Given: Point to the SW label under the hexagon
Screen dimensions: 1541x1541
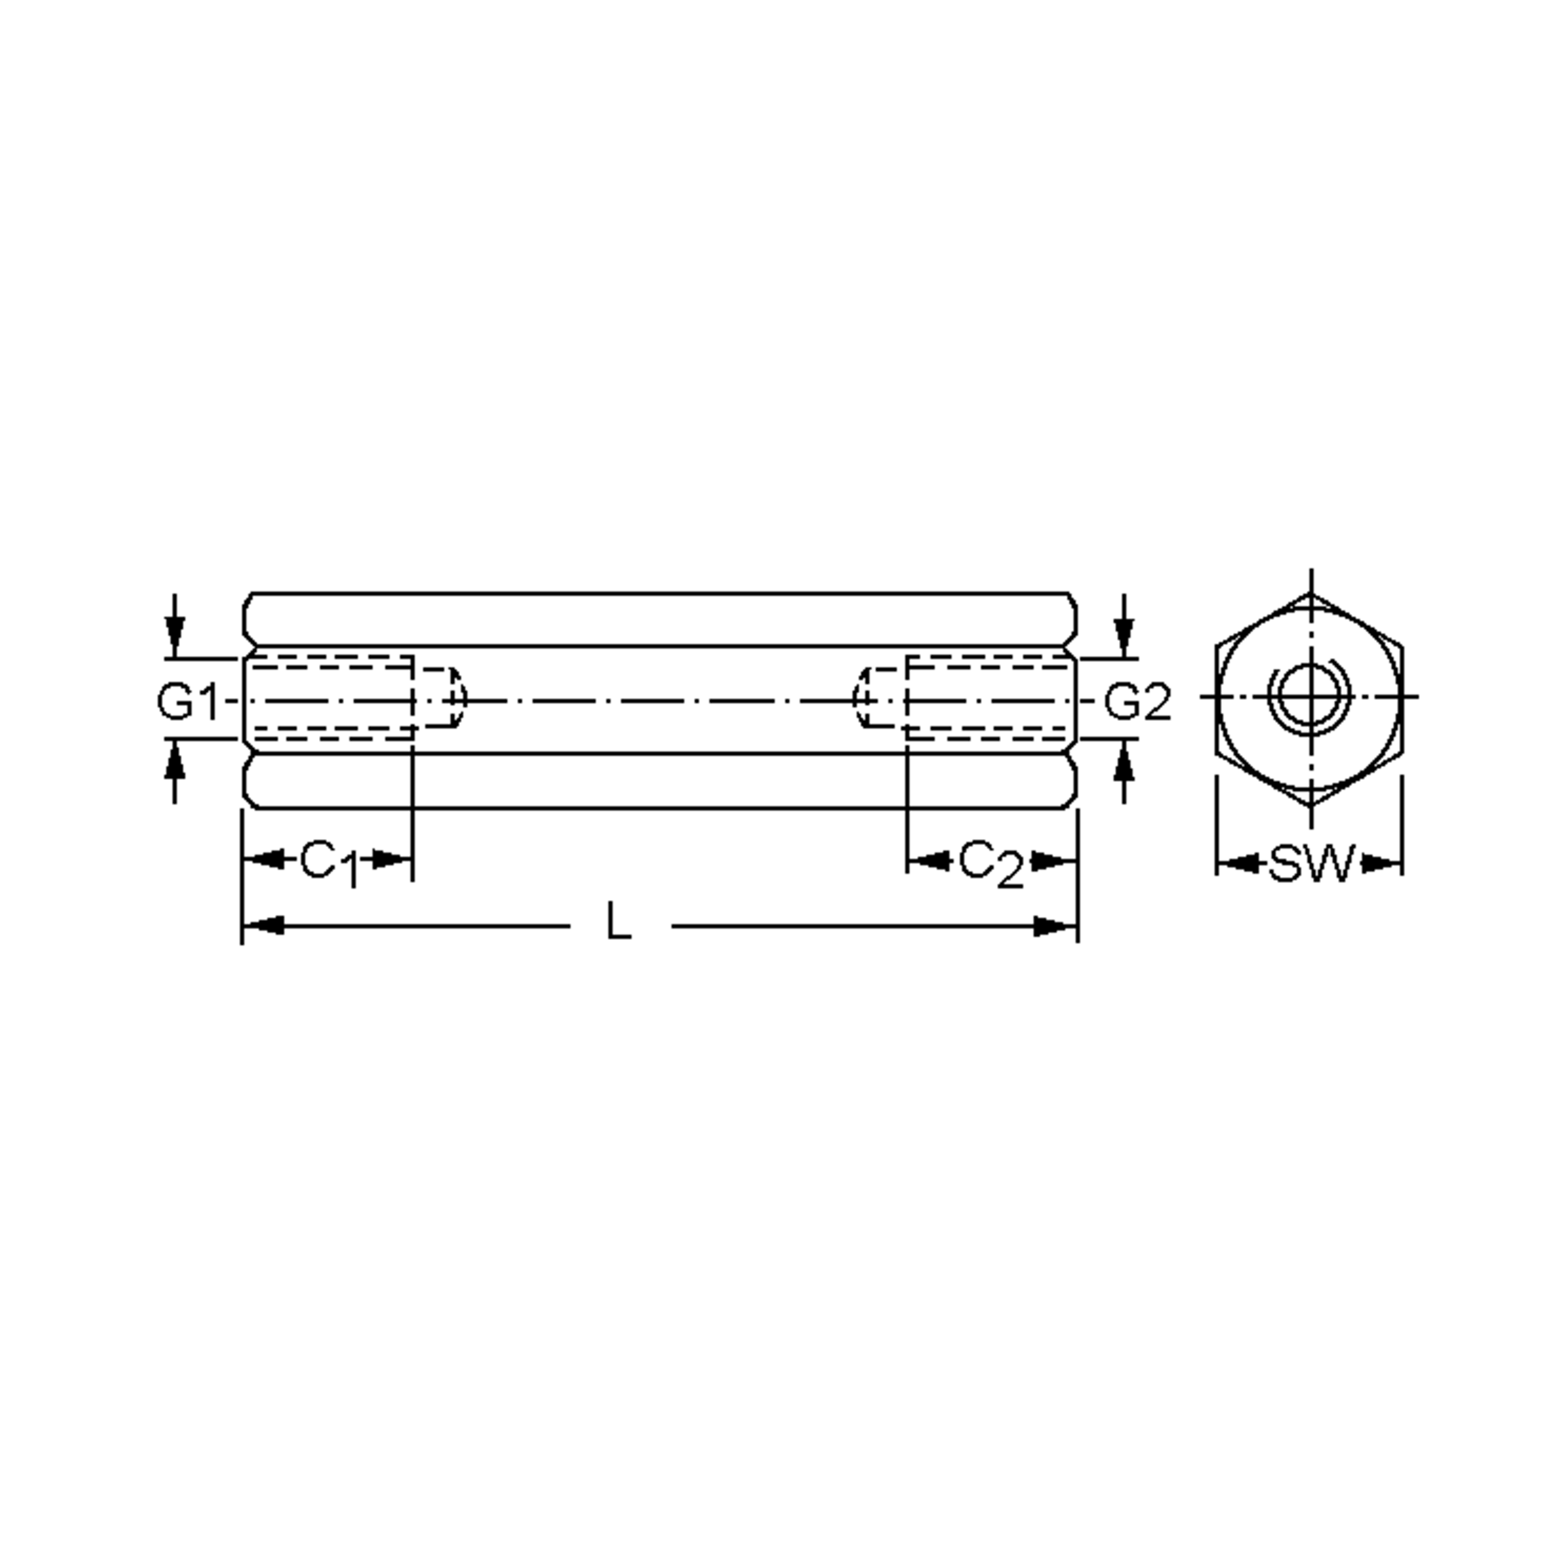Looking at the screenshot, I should coord(1312,864).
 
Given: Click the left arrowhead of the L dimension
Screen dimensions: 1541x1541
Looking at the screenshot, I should coord(263,926).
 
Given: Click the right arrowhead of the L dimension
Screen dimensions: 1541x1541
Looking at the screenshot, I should coord(1056,926).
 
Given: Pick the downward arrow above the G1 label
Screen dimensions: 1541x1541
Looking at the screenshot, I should coord(175,636).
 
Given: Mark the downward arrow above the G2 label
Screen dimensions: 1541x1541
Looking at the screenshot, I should coord(1124,636).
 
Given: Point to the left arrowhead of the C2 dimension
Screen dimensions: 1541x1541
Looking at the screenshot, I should coord(928,860).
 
